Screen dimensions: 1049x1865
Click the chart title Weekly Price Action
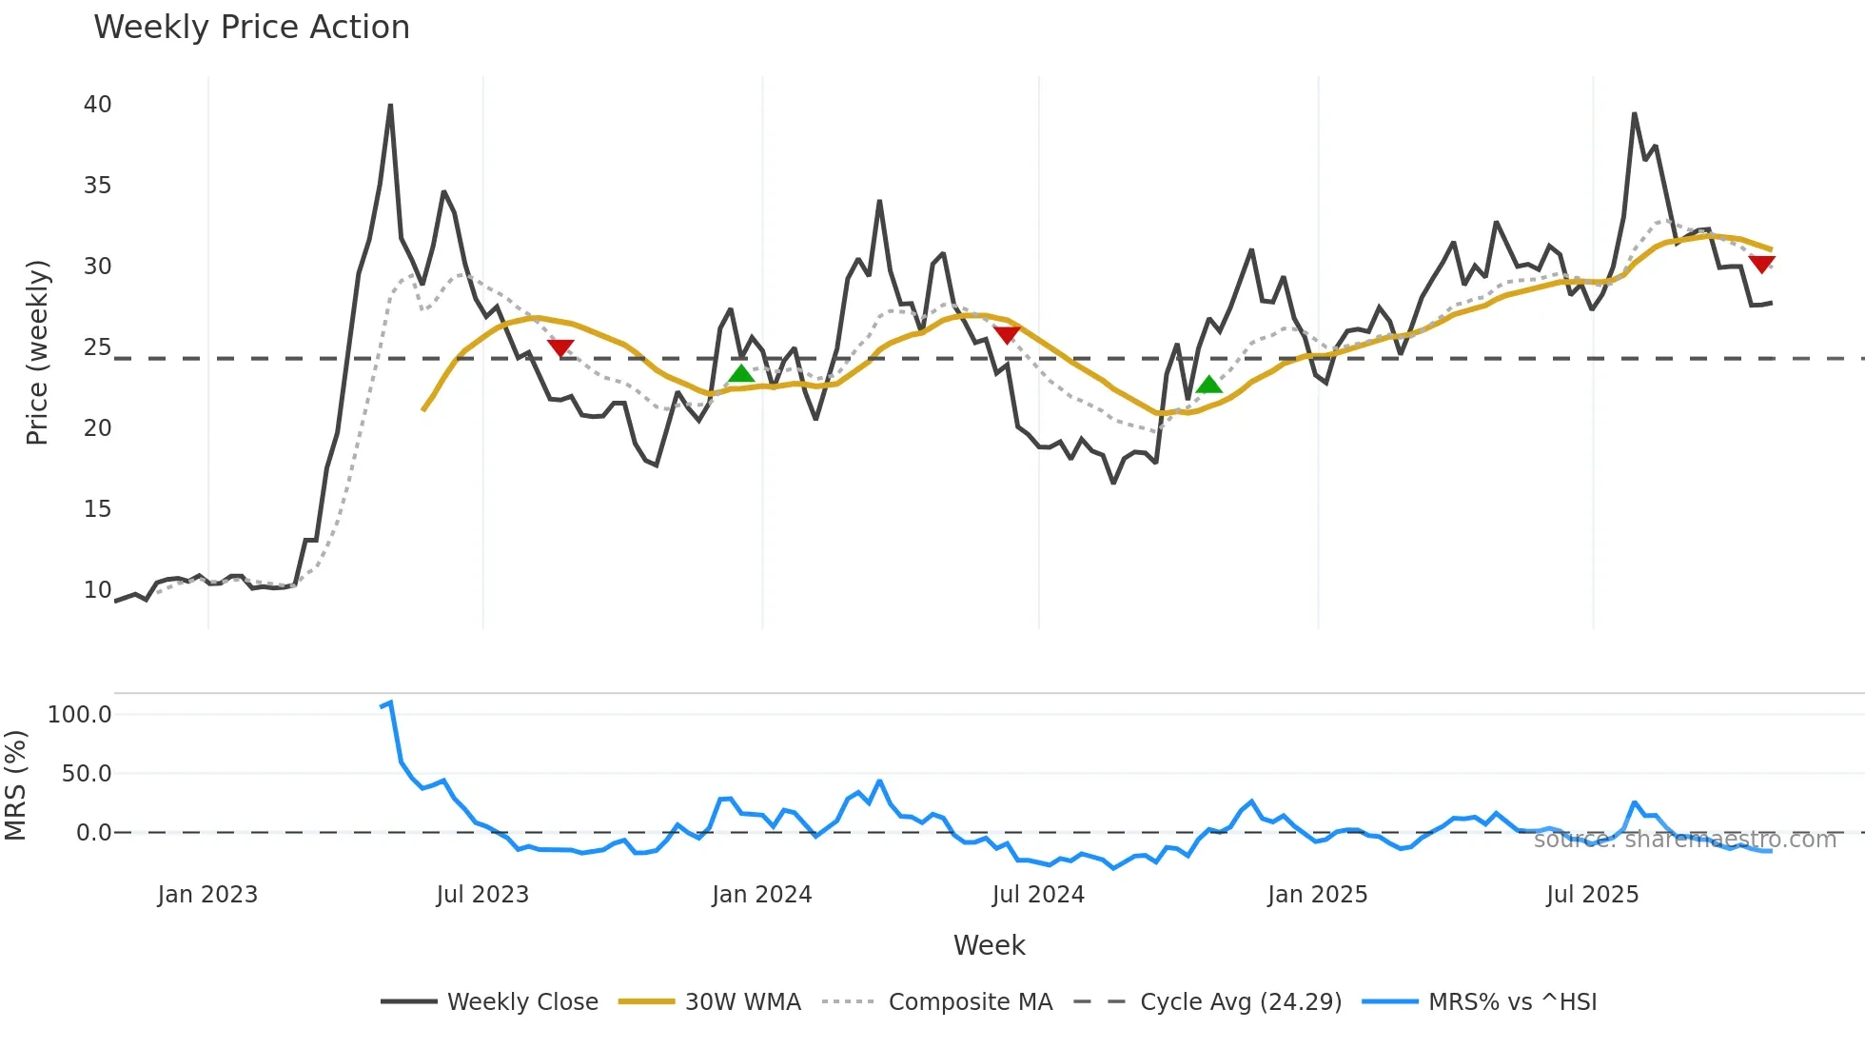click(251, 28)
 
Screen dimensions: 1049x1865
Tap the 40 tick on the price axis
click(97, 105)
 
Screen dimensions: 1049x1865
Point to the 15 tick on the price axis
click(97, 509)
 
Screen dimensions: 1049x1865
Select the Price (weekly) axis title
click(37, 352)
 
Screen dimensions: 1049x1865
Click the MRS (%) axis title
click(16, 785)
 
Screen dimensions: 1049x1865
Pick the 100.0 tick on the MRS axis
click(80, 715)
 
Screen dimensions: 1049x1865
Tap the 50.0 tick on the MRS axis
click(87, 774)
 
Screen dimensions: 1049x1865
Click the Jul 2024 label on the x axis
click(1037, 895)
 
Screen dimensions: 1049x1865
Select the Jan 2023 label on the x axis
click(207, 895)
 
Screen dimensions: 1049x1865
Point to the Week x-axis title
click(989, 945)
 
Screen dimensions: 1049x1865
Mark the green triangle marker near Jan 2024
click(741, 373)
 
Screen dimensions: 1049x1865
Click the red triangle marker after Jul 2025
click(1761, 264)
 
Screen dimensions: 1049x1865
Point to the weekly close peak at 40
click(390, 106)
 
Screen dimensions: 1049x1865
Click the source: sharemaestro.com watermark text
click(1684, 840)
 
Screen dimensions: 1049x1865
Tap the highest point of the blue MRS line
click(390, 703)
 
